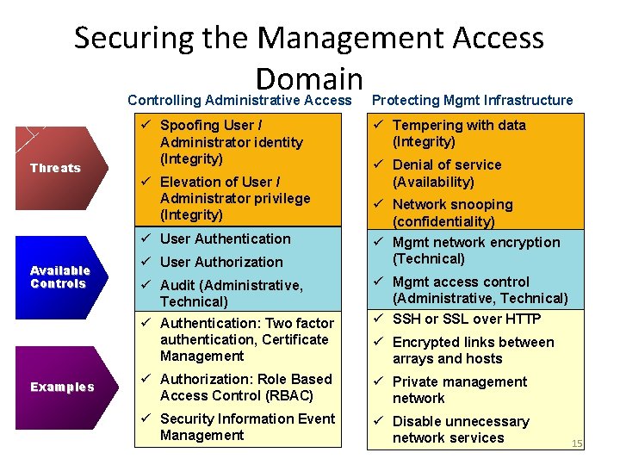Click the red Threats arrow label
click(55, 168)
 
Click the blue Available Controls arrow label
click(58, 277)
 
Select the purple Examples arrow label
click(62, 387)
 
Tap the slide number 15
click(577, 443)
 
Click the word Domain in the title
click(309, 79)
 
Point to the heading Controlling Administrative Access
click(239, 101)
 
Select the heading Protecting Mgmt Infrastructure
click(472, 101)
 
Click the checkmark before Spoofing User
click(146, 126)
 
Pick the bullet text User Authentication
click(226, 239)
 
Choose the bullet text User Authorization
click(221, 262)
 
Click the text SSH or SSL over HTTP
click(467, 319)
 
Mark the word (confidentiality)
click(443, 222)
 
